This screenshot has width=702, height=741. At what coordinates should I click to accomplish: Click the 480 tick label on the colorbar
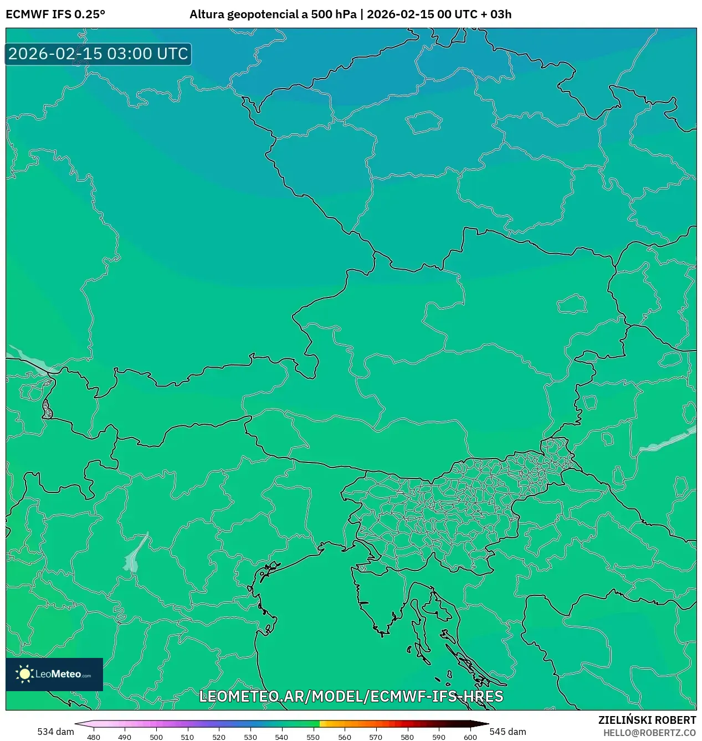pyautogui.click(x=94, y=737)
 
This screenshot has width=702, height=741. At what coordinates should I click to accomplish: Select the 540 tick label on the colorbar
pyautogui.click(x=281, y=737)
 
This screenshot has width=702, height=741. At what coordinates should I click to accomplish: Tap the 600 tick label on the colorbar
pyautogui.click(x=470, y=737)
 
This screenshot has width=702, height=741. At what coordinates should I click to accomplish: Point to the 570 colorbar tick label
pyautogui.click(x=376, y=737)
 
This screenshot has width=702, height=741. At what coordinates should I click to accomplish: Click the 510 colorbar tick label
pyautogui.click(x=187, y=737)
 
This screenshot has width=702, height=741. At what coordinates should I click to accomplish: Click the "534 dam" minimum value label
pyautogui.click(x=55, y=732)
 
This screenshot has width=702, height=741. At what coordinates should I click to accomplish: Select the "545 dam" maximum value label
pyautogui.click(x=508, y=732)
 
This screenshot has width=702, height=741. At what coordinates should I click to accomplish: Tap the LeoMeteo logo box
pyautogui.click(x=54, y=674)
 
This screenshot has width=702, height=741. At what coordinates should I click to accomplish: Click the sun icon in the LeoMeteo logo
pyautogui.click(x=24, y=674)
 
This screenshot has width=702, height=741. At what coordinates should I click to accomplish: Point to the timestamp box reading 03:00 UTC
pyautogui.click(x=98, y=54)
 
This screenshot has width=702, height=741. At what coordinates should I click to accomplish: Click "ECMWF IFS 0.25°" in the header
pyautogui.click(x=55, y=14)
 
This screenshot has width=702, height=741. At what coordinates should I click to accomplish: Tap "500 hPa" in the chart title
pyautogui.click(x=334, y=14)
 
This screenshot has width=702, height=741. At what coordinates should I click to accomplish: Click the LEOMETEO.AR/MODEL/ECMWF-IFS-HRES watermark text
pyautogui.click(x=351, y=696)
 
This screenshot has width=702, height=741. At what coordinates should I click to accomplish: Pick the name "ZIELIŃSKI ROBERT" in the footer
pyautogui.click(x=647, y=720)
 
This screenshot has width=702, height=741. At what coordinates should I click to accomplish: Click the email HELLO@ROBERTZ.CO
pyautogui.click(x=649, y=733)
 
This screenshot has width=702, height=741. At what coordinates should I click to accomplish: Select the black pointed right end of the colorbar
pyautogui.click(x=482, y=723)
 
